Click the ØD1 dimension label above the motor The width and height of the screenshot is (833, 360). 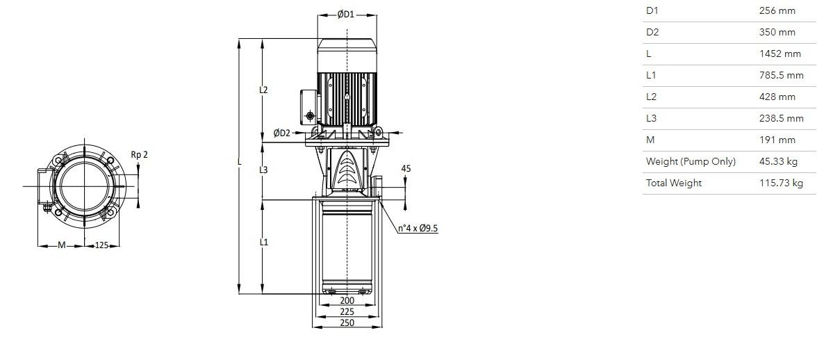point(345,15)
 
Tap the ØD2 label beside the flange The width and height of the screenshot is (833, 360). point(282,133)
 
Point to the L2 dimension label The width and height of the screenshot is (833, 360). point(263,90)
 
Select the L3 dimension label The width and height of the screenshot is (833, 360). point(263,170)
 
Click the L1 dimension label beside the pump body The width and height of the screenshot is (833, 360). point(263,242)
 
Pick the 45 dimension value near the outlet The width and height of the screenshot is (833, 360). point(406,169)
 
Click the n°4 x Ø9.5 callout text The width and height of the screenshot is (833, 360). point(418,229)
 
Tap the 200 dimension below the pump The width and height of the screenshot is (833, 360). point(347,300)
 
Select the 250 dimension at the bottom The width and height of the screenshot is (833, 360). point(347,322)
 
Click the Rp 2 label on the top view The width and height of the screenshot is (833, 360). point(139,155)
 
